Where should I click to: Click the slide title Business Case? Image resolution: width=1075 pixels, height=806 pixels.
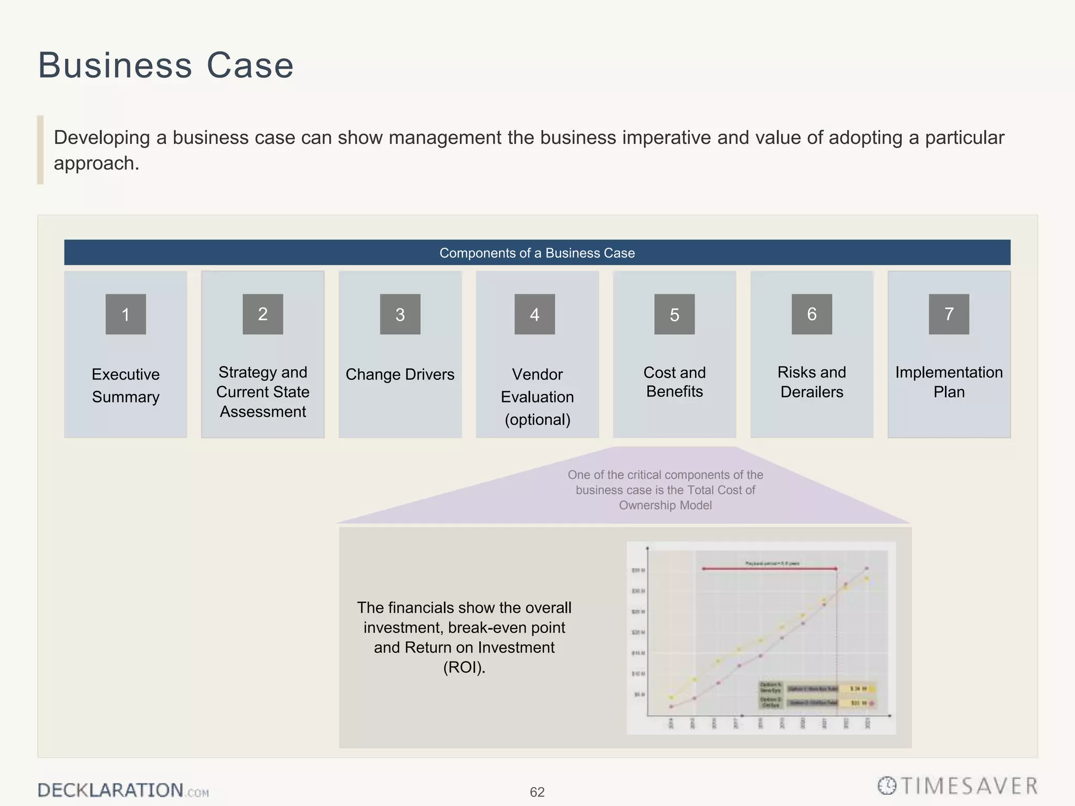(166, 66)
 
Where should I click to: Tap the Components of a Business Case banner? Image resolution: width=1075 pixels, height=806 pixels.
(537, 253)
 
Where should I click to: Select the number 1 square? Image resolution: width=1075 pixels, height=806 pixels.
(125, 314)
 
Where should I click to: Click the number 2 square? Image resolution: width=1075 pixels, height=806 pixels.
(262, 314)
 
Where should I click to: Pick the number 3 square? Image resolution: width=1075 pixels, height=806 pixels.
(400, 314)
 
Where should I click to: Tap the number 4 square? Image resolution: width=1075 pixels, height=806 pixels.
(534, 314)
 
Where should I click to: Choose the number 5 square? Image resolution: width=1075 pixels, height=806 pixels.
(674, 314)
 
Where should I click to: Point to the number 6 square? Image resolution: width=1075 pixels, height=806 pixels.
(811, 314)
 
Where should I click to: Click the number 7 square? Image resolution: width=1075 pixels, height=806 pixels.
(949, 314)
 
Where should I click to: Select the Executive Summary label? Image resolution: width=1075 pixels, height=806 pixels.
(125, 386)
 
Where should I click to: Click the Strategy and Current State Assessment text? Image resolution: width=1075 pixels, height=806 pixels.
(262, 392)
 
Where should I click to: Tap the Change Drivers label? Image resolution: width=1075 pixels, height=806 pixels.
(400, 375)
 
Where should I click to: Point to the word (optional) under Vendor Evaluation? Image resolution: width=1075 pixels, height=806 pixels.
(537, 420)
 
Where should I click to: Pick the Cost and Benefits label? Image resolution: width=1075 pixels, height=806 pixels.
(674, 382)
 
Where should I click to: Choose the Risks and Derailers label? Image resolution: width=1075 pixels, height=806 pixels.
(811, 382)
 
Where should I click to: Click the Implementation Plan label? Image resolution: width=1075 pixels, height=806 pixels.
(949, 382)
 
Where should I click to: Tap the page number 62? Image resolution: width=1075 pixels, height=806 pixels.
(537, 792)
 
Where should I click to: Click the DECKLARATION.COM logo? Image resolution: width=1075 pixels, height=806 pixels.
(123, 790)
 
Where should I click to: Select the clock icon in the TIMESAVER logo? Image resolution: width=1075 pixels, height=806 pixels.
(887, 786)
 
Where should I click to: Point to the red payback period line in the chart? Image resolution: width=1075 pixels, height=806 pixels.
(769, 568)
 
